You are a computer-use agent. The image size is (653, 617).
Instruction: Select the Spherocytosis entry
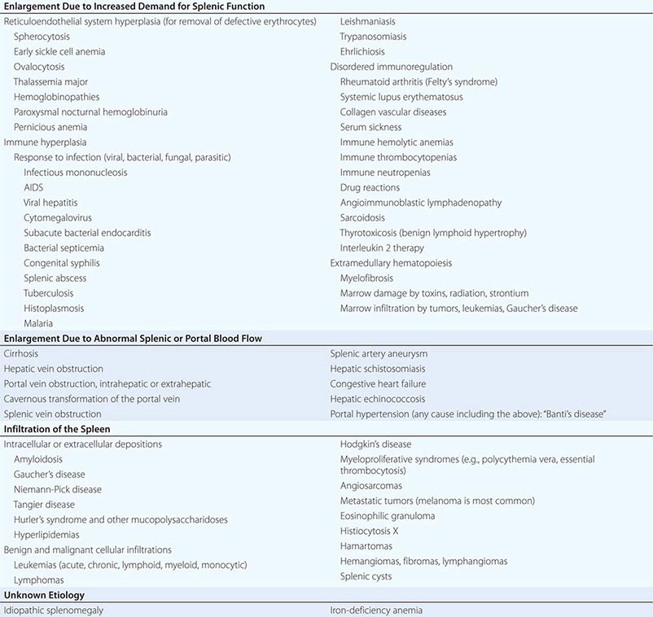[x=42, y=37]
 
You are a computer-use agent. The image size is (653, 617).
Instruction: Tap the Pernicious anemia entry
[x=50, y=127]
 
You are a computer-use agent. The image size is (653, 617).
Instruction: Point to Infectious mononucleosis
[x=76, y=173]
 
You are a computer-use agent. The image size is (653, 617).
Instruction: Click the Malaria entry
[x=39, y=323]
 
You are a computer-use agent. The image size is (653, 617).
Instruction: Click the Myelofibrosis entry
[x=371, y=278]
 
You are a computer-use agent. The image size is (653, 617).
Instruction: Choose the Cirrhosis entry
[x=21, y=354]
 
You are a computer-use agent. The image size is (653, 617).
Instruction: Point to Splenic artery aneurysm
[x=379, y=354]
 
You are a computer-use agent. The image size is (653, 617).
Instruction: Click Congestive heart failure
[x=378, y=384]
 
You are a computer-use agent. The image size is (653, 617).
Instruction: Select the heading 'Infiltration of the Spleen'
[x=57, y=429]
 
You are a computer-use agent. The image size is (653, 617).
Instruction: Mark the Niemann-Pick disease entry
[x=58, y=489]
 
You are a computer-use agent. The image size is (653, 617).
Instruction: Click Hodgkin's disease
[x=375, y=444]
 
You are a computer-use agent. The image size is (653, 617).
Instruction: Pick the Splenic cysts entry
[x=366, y=576]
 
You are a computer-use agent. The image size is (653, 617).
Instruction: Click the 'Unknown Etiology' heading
[x=44, y=595]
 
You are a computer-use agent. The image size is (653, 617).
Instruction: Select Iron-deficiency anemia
[x=376, y=610]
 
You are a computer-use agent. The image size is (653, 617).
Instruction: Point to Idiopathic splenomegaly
[x=54, y=610]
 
